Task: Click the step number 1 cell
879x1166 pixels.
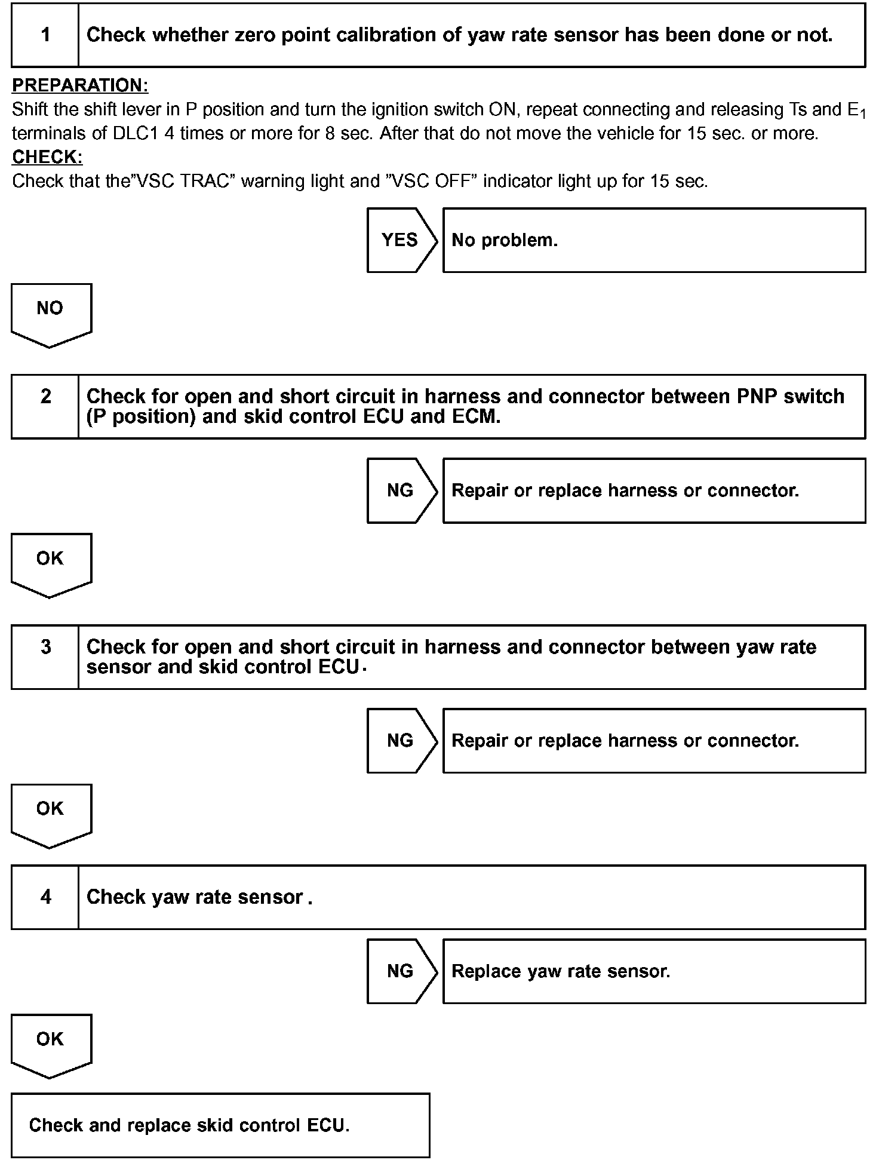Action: click(45, 35)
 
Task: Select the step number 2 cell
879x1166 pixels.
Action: click(45, 406)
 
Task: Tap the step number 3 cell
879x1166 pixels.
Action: click(45, 656)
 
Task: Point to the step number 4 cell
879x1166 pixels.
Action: click(45, 897)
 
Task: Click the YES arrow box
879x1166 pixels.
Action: click(401, 240)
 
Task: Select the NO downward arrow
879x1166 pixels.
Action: click(51, 313)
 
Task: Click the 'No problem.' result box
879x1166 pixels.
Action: click(653, 240)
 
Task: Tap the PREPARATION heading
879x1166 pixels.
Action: click(80, 85)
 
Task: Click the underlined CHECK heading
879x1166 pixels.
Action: click(47, 157)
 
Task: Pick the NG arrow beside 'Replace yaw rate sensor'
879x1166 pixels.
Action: click(401, 971)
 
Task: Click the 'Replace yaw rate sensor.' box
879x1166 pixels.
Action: click(653, 971)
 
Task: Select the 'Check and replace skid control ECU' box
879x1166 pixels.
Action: click(220, 1125)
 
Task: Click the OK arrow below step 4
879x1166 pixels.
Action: click(51, 1044)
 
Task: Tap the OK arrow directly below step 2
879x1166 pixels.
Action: click(51, 563)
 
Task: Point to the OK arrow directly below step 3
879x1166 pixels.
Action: click(51, 814)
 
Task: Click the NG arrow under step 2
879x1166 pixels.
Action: click(401, 490)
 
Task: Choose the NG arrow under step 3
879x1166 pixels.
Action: click(401, 741)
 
